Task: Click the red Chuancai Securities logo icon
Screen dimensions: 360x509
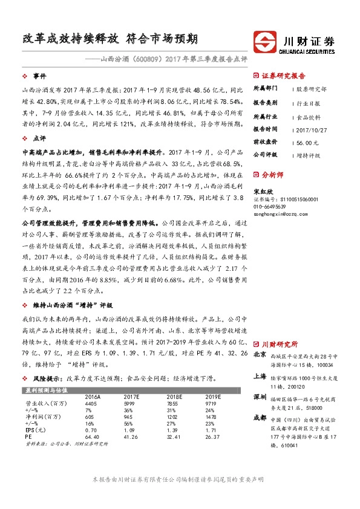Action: coord(264,44)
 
